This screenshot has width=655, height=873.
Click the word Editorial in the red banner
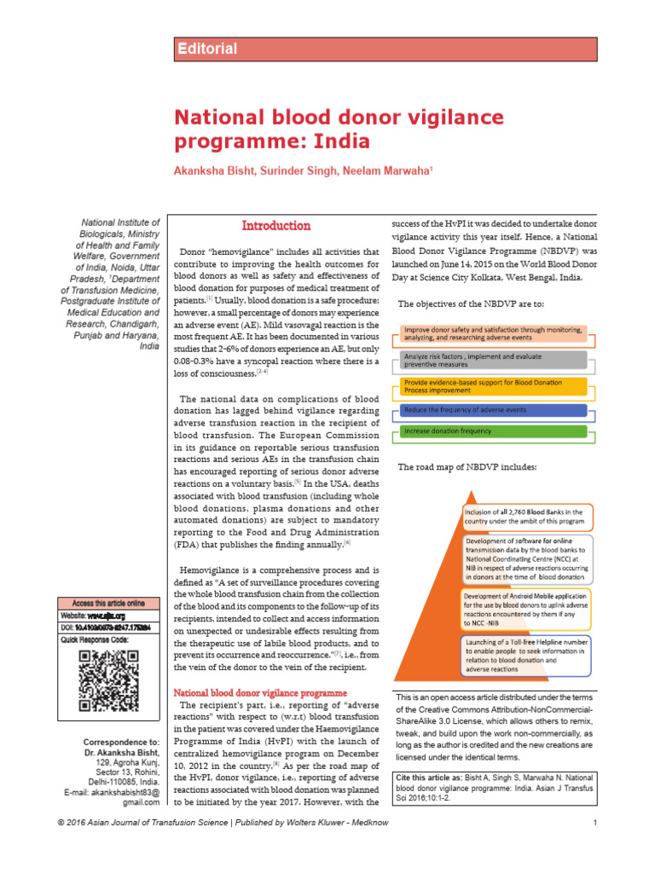(208, 49)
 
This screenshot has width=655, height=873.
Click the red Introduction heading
(275, 226)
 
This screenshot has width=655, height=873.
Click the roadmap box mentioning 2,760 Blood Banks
(525, 516)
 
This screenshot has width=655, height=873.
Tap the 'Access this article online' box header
(107, 603)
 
